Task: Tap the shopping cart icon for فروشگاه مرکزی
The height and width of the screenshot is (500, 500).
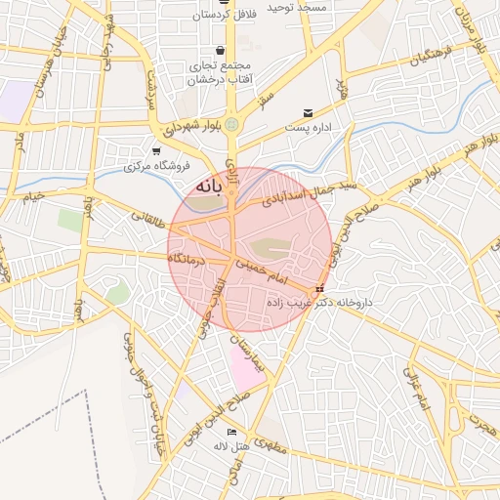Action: (x=156, y=150)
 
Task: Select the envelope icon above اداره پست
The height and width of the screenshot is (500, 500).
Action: (x=309, y=113)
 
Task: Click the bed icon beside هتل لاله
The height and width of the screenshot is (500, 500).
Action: (x=231, y=432)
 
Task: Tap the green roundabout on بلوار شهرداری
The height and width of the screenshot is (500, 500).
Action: (x=231, y=124)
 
